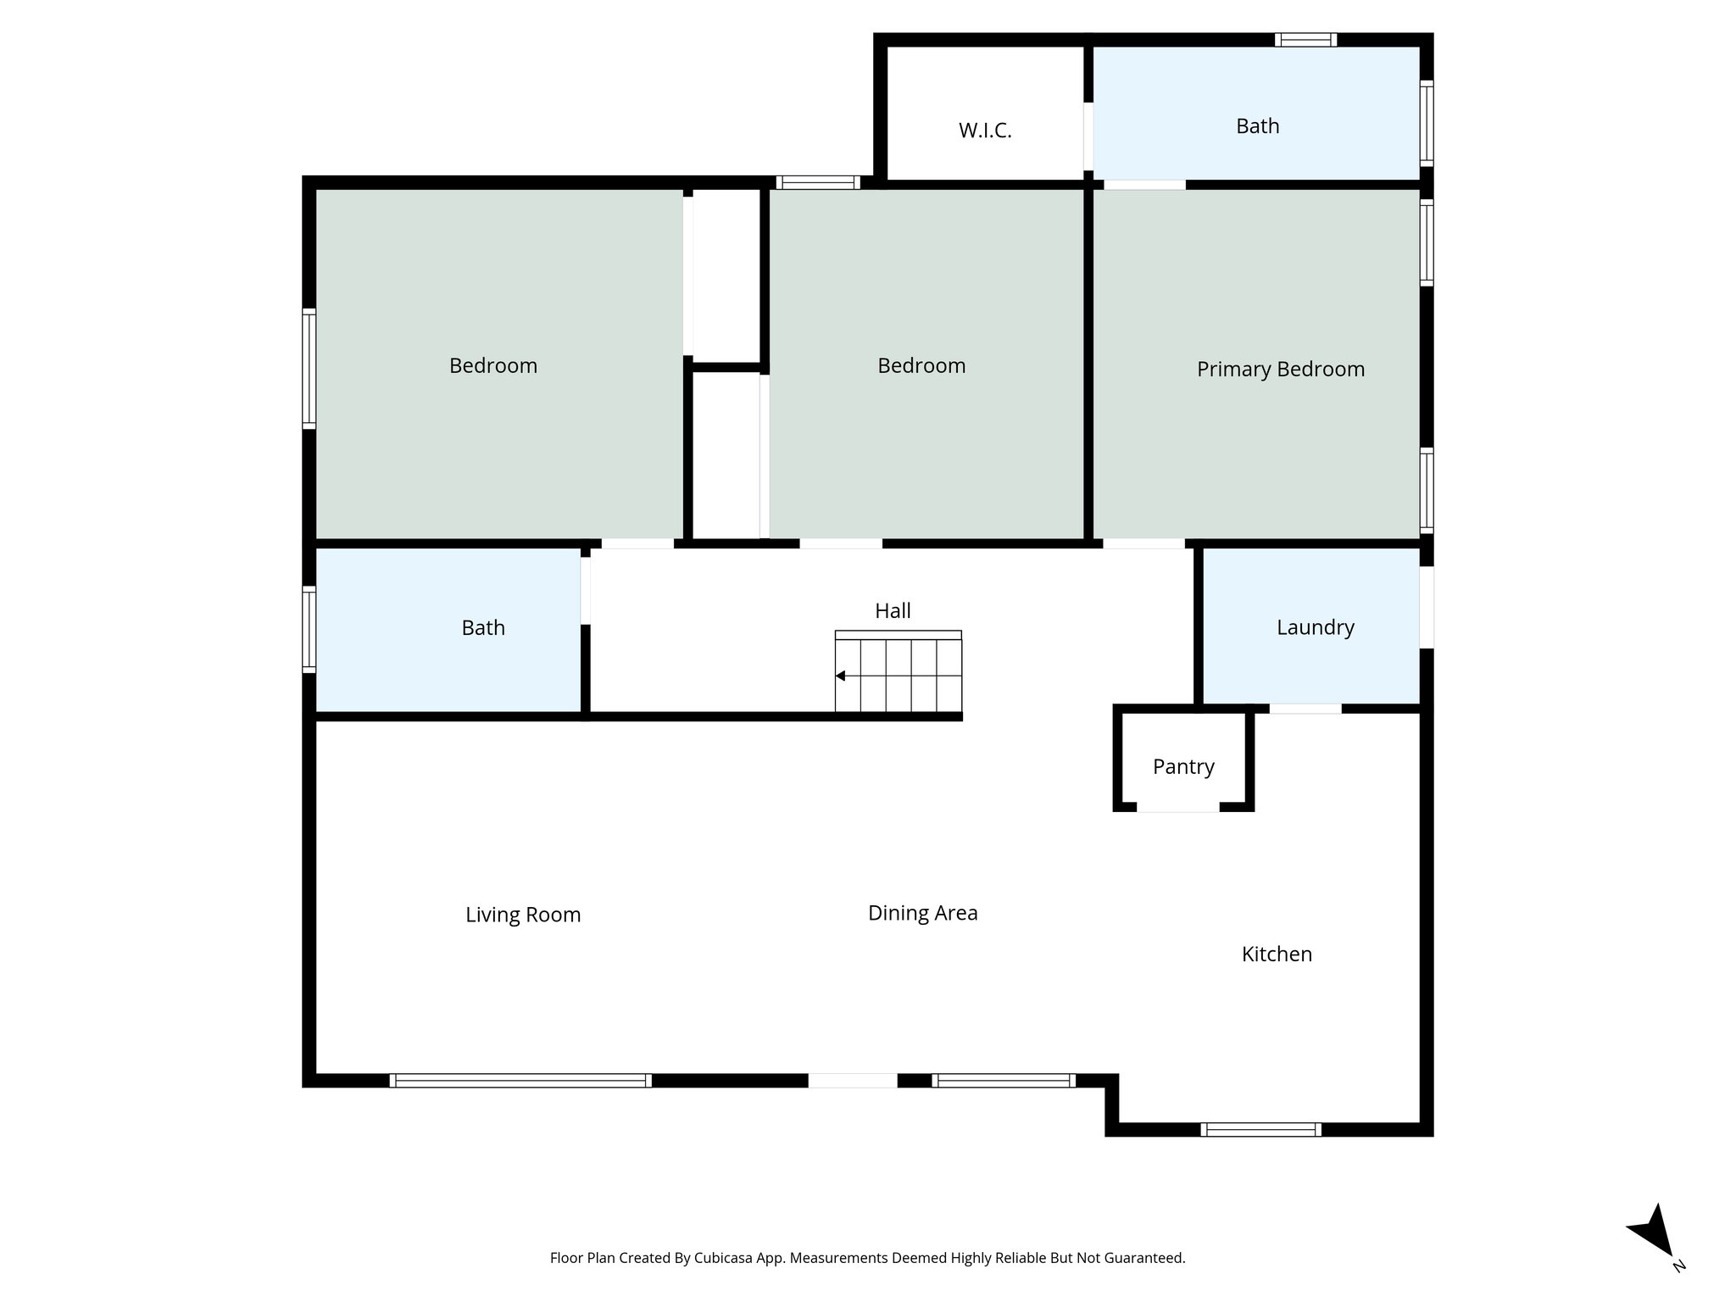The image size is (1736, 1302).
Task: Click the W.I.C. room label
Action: (985, 131)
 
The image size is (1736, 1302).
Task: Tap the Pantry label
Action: (1183, 766)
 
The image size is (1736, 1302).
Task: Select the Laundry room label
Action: (1315, 627)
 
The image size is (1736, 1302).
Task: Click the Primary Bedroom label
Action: (1280, 369)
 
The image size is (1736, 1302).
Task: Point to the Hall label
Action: (893, 610)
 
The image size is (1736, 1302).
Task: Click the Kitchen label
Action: (1277, 954)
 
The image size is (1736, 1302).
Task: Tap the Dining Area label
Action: (922, 913)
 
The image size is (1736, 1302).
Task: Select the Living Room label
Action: (522, 915)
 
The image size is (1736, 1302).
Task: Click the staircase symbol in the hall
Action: (899, 675)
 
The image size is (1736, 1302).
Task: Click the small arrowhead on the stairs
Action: (840, 676)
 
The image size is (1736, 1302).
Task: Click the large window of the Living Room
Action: (520, 1080)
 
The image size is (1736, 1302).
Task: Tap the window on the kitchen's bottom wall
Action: (1260, 1129)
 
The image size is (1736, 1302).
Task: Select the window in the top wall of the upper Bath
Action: (1305, 40)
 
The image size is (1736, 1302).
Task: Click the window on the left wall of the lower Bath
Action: (309, 629)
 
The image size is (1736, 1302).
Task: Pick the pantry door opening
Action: (1177, 807)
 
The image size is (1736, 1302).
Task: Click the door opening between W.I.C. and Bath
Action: (1088, 136)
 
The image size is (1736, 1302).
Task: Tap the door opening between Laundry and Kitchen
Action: (1305, 709)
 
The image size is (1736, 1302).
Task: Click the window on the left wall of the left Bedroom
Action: (309, 369)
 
